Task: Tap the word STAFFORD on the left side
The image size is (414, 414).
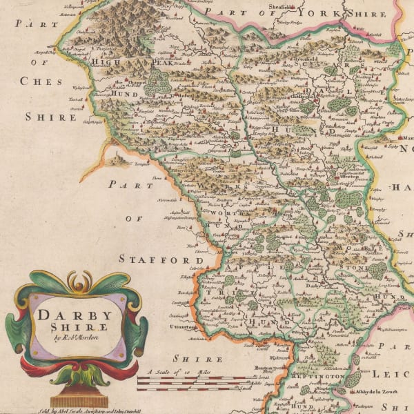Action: [x=152, y=259]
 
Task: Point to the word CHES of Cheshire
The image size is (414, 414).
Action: [x=41, y=81]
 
